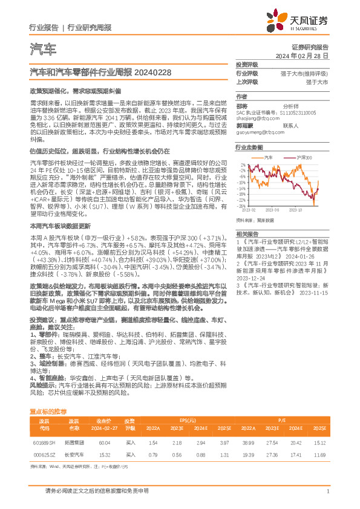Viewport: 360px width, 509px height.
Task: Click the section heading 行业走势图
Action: [x=249, y=147]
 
